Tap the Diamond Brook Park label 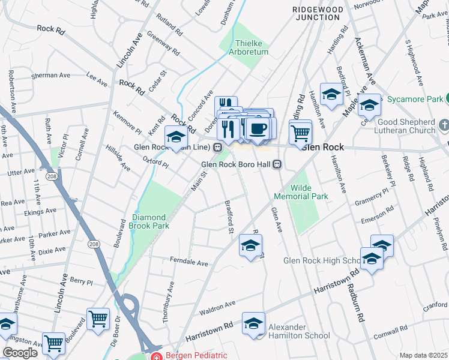(149, 221)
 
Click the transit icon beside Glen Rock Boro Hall (277, 164)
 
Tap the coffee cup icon (259, 128)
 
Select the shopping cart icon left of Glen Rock (300, 131)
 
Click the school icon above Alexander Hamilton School (253, 323)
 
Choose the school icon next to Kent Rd (176, 137)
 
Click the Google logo (20, 353)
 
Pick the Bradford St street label (228, 215)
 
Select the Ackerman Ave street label (366, 61)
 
